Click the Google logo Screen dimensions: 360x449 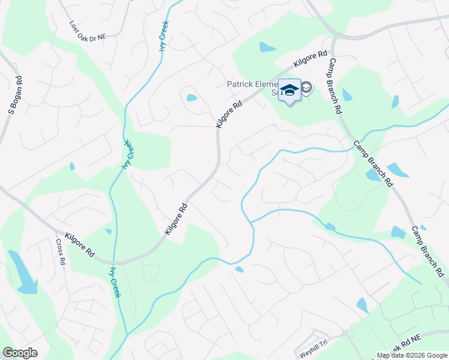click(20, 353)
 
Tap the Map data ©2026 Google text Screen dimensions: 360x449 click(412, 355)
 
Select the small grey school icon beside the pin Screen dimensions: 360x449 click(307, 88)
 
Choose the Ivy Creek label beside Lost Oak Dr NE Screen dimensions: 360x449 click(163, 35)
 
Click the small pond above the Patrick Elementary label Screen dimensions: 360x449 click(267, 47)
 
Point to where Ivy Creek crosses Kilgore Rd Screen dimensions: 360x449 click(113, 263)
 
